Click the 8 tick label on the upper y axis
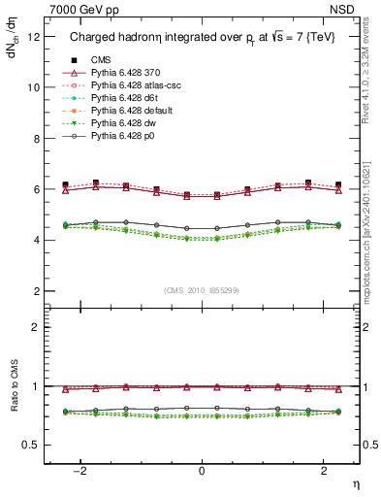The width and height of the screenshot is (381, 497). [36, 138]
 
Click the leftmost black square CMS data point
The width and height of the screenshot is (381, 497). [65, 184]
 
